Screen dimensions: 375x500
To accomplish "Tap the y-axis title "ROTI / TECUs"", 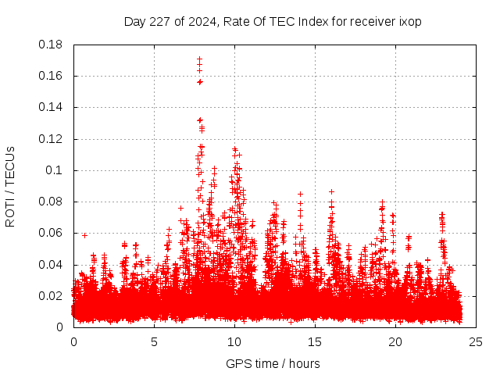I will (10, 186).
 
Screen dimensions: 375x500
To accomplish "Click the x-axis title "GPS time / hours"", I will (273, 363).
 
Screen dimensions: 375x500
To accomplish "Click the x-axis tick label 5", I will (154, 341).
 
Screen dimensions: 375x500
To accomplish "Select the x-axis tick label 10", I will (234, 341).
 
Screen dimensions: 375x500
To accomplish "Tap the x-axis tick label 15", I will (315, 341).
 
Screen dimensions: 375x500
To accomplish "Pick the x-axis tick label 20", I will (395, 341).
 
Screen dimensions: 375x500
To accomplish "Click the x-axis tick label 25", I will (476, 341).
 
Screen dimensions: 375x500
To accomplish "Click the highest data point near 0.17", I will (199, 59).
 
